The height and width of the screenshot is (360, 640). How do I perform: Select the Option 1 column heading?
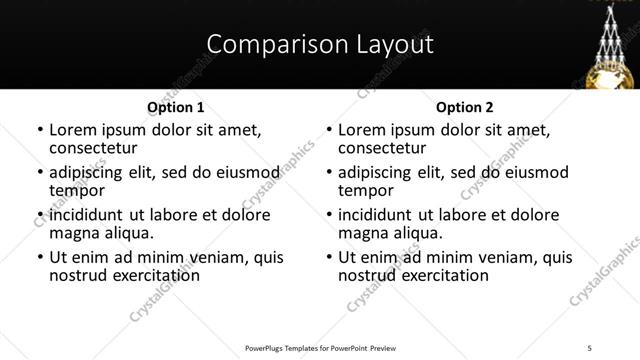click(175, 106)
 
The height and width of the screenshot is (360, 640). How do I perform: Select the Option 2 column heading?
click(465, 106)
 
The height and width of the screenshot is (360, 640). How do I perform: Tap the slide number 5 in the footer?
click(589, 347)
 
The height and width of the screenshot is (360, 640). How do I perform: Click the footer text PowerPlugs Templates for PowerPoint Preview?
click(319, 347)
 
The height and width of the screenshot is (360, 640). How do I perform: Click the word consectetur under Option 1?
click(93, 148)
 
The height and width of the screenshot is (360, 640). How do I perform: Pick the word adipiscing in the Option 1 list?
click(89, 172)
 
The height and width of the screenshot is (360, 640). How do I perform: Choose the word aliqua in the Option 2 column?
click(420, 233)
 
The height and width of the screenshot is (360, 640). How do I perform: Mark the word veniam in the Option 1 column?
click(222, 257)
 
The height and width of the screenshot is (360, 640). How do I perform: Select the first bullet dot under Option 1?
click(40, 130)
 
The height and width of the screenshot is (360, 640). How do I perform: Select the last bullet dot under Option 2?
click(329, 258)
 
